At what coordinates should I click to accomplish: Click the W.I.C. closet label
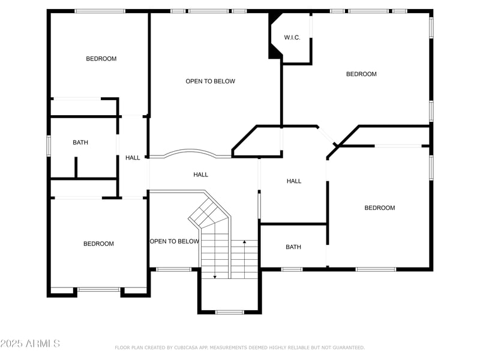click(x=292, y=38)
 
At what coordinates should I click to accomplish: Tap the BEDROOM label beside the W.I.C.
click(x=361, y=74)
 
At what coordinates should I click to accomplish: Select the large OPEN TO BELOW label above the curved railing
click(x=210, y=82)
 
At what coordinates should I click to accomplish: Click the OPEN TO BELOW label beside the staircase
click(x=174, y=241)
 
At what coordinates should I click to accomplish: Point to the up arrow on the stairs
click(x=244, y=243)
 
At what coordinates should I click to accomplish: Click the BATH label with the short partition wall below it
click(x=80, y=143)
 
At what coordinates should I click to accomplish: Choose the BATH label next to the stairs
click(x=293, y=247)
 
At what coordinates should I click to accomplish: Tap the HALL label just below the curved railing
click(x=200, y=175)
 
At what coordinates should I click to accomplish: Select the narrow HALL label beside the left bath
click(x=133, y=158)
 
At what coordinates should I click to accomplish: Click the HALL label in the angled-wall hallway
click(x=294, y=181)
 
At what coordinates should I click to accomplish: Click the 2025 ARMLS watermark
click(x=30, y=344)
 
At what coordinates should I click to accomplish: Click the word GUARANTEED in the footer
click(x=346, y=347)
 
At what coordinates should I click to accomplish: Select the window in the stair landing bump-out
click(x=229, y=311)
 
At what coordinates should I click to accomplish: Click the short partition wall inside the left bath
click(x=76, y=167)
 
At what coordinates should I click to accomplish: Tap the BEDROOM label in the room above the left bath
click(x=101, y=59)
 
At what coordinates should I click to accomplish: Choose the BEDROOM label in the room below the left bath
click(x=98, y=244)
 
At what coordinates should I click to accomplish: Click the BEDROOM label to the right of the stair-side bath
click(x=380, y=208)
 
